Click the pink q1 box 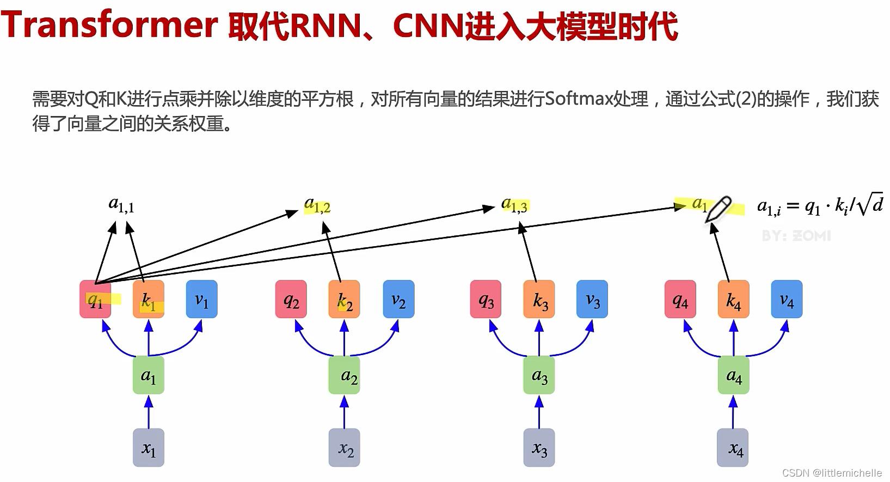(95, 299)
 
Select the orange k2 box (344, 299)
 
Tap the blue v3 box (592, 299)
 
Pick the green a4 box (733, 375)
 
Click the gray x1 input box (149, 448)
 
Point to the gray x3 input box (539, 448)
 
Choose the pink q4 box (680, 299)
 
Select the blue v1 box (201, 299)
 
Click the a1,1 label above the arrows (121, 205)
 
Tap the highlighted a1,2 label (317, 205)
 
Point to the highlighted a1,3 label (514, 205)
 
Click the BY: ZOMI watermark (796, 236)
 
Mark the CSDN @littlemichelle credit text (832, 473)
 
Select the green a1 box (149, 375)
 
